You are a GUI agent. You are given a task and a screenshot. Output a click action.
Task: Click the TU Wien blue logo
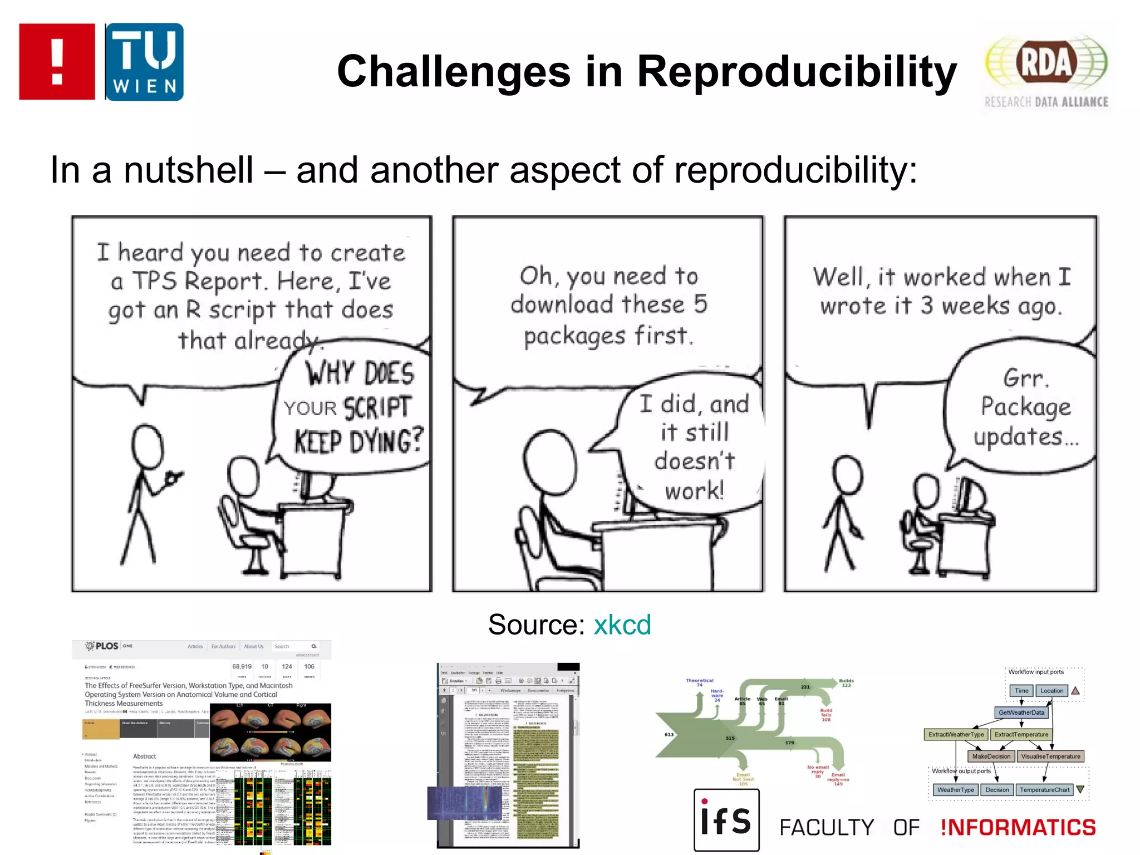(x=144, y=62)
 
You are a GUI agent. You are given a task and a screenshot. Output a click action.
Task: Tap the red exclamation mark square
(x=57, y=62)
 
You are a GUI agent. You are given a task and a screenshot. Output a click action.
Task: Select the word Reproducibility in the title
(x=797, y=72)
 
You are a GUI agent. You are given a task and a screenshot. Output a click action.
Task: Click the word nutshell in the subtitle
(x=188, y=170)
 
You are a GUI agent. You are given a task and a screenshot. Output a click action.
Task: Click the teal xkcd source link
(x=622, y=625)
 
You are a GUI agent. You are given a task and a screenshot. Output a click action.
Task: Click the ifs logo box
(x=726, y=820)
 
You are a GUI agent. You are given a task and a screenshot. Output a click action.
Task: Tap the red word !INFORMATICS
(x=1018, y=828)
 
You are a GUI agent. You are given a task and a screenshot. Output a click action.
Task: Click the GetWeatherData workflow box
(x=1021, y=712)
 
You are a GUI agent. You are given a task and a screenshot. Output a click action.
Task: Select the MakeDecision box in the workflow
(x=991, y=756)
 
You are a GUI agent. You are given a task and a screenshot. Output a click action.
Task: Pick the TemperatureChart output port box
(x=1044, y=790)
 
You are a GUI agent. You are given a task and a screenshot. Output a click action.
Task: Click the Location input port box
(x=1051, y=691)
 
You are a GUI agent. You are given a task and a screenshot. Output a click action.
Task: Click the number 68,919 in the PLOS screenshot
(x=242, y=666)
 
